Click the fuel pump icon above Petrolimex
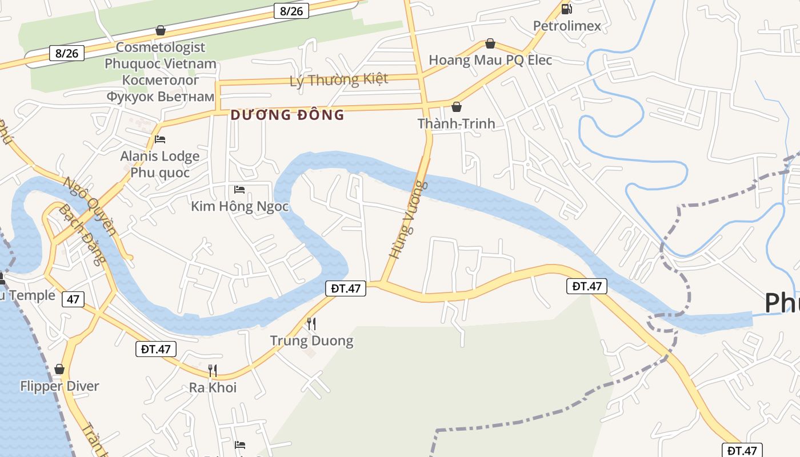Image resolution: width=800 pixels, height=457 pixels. click(566, 9)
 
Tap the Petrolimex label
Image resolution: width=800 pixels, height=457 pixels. click(567, 26)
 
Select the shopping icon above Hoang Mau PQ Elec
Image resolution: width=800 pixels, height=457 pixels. click(490, 43)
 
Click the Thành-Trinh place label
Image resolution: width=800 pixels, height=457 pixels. click(456, 123)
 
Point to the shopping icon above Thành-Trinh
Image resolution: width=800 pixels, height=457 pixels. click(456, 107)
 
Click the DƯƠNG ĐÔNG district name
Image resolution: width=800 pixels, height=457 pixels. click(287, 115)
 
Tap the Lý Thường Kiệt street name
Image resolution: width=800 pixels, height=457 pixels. click(339, 79)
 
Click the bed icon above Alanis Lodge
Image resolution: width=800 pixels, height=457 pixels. click(160, 139)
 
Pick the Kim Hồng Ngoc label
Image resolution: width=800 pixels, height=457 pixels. click(239, 206)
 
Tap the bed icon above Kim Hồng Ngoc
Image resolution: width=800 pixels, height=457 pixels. click(239, 189)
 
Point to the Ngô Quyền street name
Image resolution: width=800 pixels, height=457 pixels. click(90, 206)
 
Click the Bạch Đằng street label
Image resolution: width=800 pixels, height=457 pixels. click(82, 234)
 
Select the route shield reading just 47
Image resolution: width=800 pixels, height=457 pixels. click(73, 299)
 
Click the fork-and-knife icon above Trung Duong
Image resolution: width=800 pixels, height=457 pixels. click(311, 324)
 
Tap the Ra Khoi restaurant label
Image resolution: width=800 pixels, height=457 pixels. click(213, 388)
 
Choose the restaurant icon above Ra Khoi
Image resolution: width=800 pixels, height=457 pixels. click(213, 371)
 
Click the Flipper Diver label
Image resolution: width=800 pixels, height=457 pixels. click(59, 386)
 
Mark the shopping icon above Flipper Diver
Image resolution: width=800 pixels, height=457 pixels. click(59, 370)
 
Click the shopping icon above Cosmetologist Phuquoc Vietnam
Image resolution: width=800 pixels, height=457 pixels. click(161, 30)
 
